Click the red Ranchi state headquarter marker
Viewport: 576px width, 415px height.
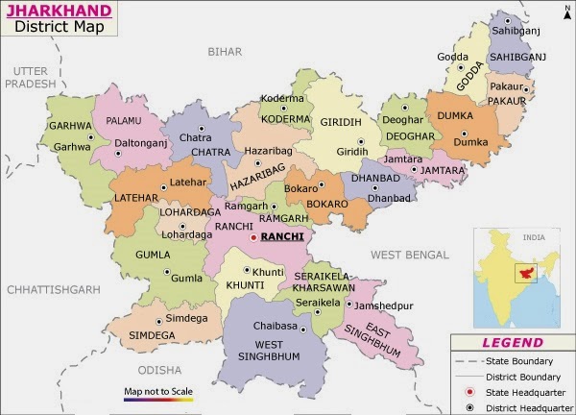253,236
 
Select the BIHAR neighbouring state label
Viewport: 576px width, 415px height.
225,51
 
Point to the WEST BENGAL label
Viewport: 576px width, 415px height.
409,255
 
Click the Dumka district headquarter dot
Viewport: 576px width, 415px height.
465,134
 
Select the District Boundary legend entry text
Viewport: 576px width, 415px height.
523,377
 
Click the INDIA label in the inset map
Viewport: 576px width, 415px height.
534,235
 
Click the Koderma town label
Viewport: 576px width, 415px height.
281,98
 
